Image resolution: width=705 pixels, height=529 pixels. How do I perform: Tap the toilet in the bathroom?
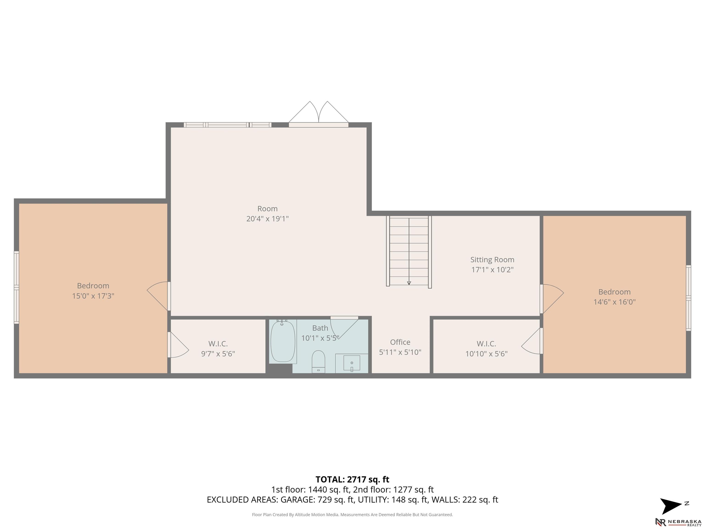[x=318, y=362]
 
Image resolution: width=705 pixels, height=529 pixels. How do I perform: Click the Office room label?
[x=400, y=342]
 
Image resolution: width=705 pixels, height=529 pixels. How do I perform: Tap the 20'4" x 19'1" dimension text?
[x=267, y=219]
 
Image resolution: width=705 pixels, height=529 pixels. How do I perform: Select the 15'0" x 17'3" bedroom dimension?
[x=93, y=296]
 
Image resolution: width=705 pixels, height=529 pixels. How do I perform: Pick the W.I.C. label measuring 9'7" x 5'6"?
[x=218, y=344]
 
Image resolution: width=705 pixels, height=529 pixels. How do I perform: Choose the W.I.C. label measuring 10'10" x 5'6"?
[x=486, y=344]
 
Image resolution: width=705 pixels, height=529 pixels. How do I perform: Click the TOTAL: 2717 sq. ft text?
[x=352, y=479]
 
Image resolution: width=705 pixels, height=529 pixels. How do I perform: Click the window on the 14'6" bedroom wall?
[x=688, y=298]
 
